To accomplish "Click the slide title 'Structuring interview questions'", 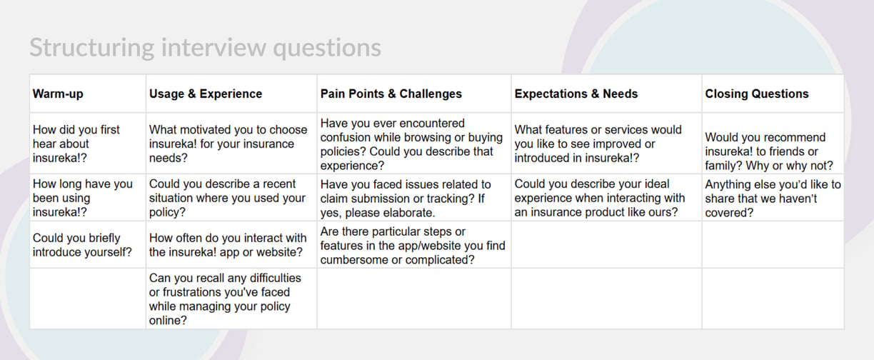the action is tap(205, 48).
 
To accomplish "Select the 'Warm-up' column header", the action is tap(58, 94).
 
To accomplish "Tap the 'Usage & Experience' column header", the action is tap(206, 94).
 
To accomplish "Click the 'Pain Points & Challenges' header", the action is tap(391, 94).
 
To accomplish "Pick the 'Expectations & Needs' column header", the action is tap(576, 94).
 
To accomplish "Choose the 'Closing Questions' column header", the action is tap(757, 94).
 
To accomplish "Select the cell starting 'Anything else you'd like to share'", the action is tap(773, 199).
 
